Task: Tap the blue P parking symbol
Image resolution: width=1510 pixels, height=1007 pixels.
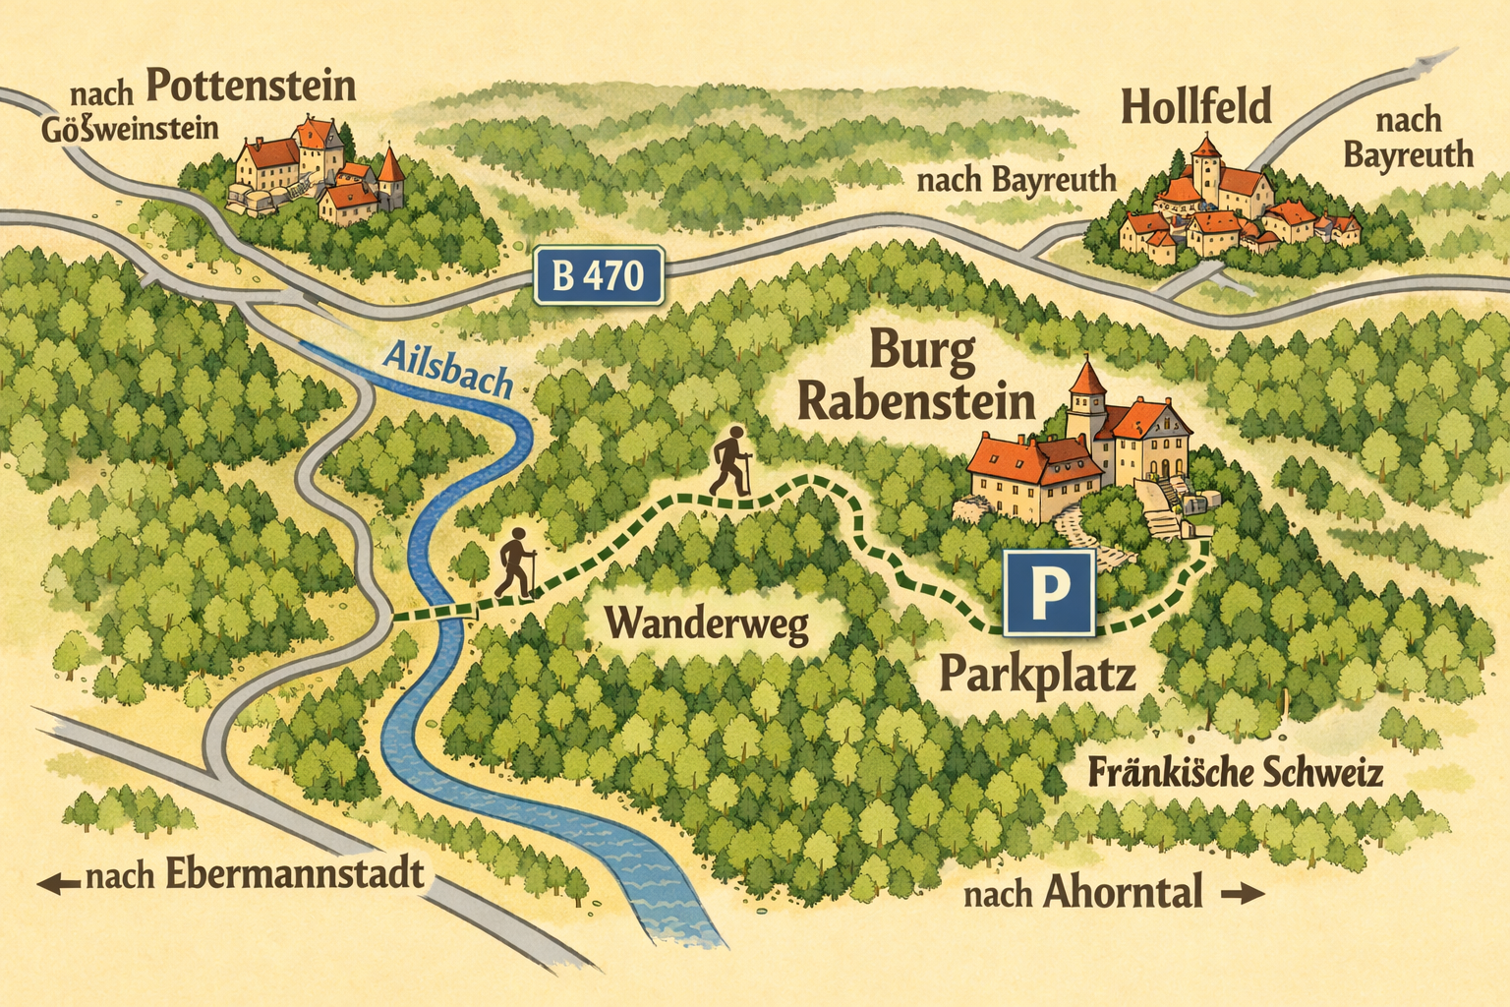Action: pos(1048,592)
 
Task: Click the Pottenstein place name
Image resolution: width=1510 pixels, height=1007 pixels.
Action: pos(251,87)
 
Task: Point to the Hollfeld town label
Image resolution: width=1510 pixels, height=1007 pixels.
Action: pos(1195,106)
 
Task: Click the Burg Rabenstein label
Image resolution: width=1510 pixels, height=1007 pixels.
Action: pos(916,378)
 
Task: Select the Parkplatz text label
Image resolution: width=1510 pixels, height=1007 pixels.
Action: pos(1038,675)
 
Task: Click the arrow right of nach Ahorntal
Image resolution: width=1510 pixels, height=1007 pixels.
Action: pos(1241,894)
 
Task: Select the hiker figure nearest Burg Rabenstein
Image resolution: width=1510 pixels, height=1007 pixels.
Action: pos(729,463)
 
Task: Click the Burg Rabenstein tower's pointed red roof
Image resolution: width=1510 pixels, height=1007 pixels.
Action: pos(1086,378)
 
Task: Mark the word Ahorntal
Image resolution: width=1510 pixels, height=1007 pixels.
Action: pos(1122,893)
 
